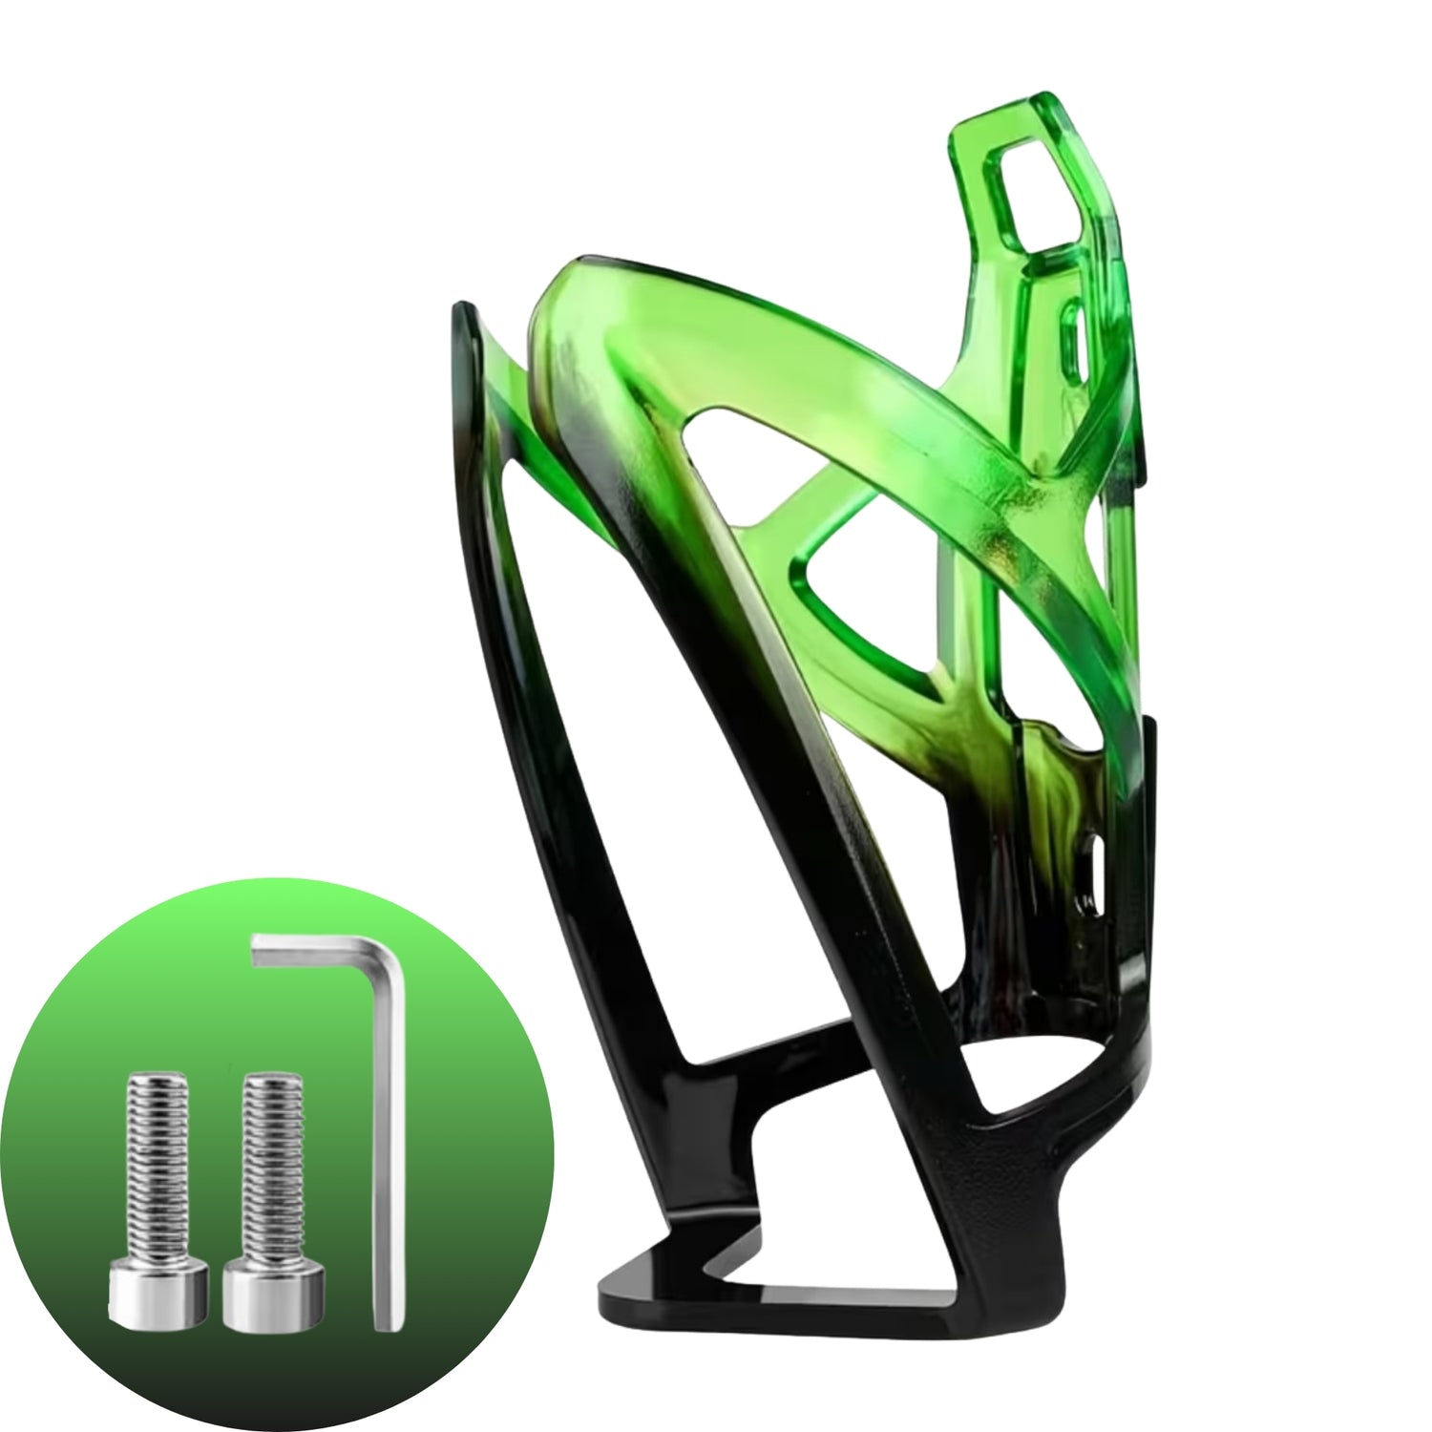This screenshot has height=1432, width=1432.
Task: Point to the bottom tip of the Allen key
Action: (386, 1322)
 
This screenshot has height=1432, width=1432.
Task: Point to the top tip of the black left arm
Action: (462, 310)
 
